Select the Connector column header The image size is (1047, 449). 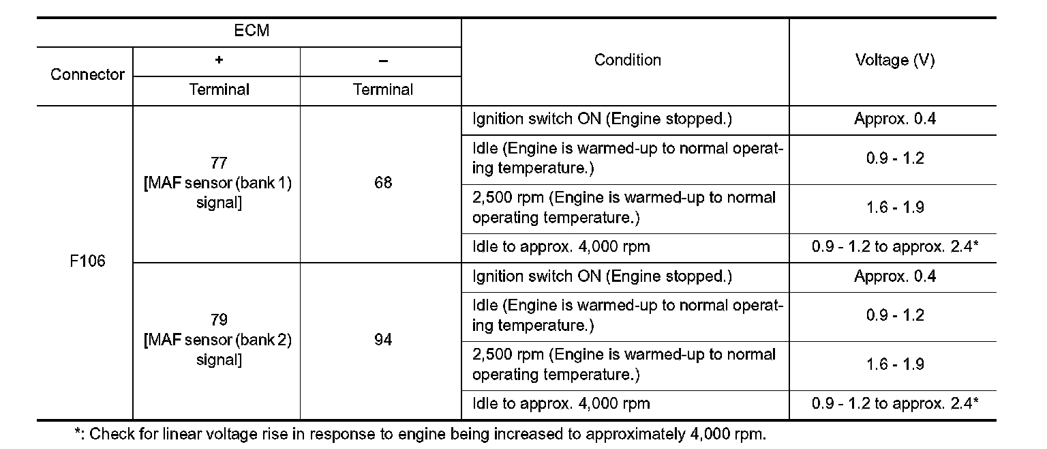(87, 74)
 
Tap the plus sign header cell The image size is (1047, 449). (219, 60)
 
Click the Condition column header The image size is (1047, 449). (627, 60)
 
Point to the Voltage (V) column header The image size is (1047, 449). (894, 60)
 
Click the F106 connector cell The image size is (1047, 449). (87, 262)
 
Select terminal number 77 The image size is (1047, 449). (219, 164)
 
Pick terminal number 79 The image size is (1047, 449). (219, 320)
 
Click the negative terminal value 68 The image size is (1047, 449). (383, 184)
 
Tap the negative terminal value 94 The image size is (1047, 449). (383, 340)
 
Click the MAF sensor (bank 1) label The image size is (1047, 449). (219, 184)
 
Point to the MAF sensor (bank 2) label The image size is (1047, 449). (219, 341)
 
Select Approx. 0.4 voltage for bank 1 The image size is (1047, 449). (894, 119)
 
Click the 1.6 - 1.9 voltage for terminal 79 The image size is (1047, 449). (894, 364)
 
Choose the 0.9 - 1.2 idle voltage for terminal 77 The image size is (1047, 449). (894, 159)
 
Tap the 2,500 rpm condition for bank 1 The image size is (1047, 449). (624, 207)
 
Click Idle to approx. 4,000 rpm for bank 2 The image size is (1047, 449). (561, 403)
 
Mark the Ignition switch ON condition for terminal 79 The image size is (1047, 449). (602, 276)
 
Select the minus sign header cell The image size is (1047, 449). (383, 60)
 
